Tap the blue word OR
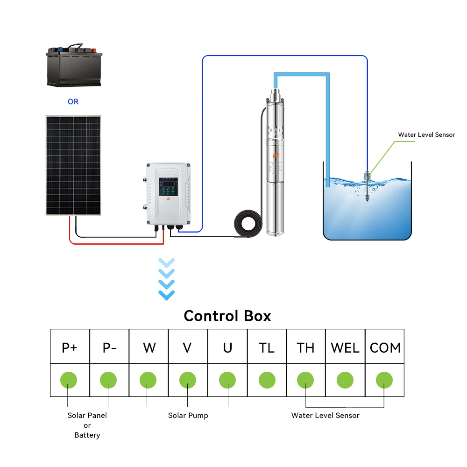pyautogui.click(x=73, y=101)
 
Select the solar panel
pyautogui.click(x=73, y=165)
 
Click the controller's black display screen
pyautogui.click(x=169, y=183)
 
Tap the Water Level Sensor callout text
pyautogui.click(x=426, y=134)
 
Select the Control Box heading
pyautogui.click(x=227, y=316)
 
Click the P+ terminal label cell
pyautogui.click(x=70, y=347)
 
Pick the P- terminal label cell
pyautogui.click(x=109, y=347)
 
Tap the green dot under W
pyautogui.click(x=148, y=380)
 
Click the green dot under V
pyautogui.click(x=188, y=380)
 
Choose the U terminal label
pyautogui.click(x=227, y=347)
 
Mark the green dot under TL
pyautogui.click(x=267, y=380)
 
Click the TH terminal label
pyautogui.click(x=306, y=347)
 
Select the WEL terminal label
pyautogui.click(x=345, y=347)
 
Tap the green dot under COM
pyautogui.click(x=384, y=380)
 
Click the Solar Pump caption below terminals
pyautogui.click(x=188, y=415)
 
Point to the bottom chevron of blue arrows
pyautogui.click(x=167, y=295)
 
